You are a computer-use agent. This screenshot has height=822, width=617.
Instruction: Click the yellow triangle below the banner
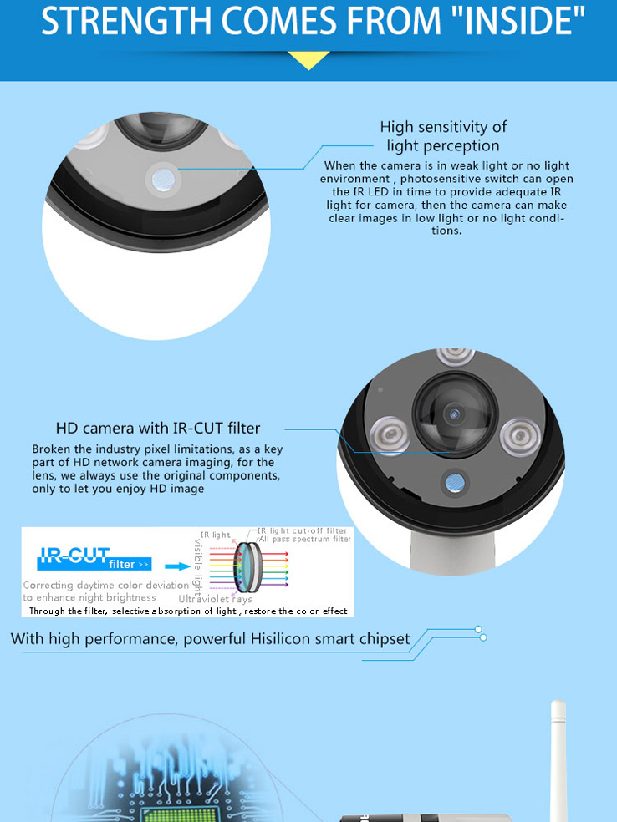click(309, 60)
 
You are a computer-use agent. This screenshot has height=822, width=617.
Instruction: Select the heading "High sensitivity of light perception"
click(443, 136)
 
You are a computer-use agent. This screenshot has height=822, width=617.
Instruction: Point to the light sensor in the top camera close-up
click(163, 179)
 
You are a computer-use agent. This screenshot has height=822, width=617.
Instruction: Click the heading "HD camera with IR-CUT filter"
click(158, 429)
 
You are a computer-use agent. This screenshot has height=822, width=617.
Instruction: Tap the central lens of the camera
click(454, 414)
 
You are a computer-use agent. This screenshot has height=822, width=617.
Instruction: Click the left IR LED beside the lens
click(390, 434)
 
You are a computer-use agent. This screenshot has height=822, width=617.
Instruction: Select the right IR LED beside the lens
click(519, 434)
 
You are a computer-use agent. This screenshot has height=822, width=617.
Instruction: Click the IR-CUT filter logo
click(94, 559)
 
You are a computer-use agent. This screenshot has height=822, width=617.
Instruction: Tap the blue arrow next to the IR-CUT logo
click(178, 566)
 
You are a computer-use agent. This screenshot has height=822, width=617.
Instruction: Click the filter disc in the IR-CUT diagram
click(247, 567)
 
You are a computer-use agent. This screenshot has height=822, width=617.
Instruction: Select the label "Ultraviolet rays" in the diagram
click(215, 599)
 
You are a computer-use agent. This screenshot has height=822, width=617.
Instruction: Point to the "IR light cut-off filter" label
click(302, 531)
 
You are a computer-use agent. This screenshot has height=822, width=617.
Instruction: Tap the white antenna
click(558, 760)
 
